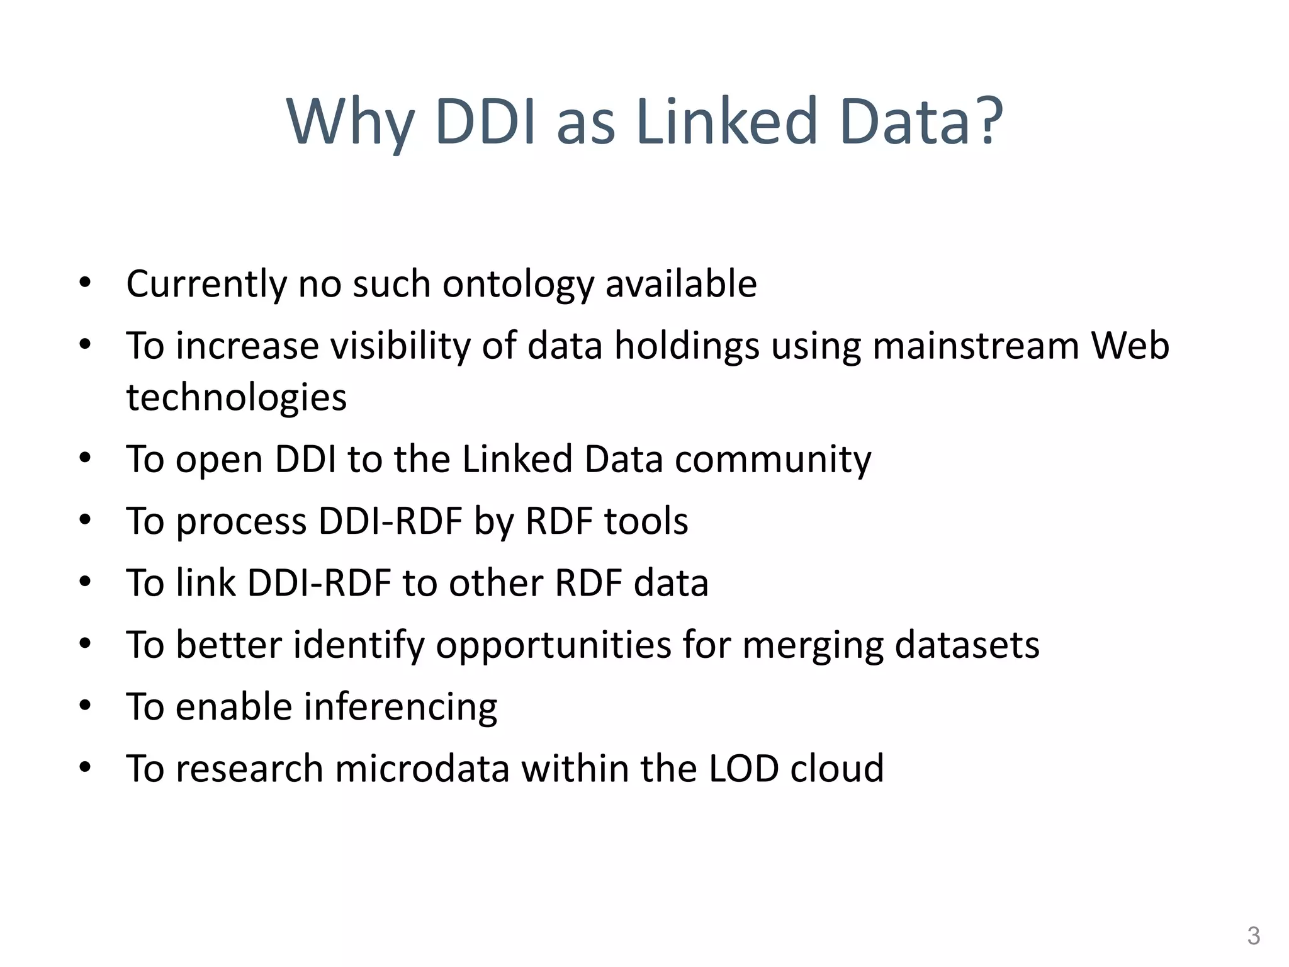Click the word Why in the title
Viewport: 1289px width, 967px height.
[x=350, y=122]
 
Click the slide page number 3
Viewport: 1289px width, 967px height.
[x=1253, y=936]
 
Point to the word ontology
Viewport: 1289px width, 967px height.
[x=518, y=285]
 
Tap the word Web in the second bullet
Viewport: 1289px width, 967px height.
[x=1130, y=346]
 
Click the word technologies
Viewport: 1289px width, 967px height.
[x=236, y=398]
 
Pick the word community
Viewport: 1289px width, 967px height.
[x=773, y=459]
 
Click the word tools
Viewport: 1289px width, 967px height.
[x=646, y=521]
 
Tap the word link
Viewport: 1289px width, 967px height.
[x=205, y=583]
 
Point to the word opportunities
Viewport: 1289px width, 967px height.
[x=553, y=646]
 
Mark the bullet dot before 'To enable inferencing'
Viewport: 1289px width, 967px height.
[x=86, y=705]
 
